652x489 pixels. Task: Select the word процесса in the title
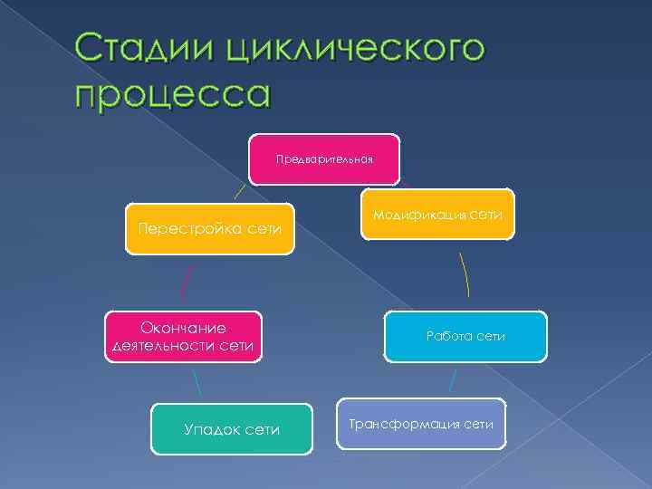coord(174,93)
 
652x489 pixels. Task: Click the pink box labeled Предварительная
coord(325,159)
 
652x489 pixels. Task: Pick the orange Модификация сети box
coord(437,215)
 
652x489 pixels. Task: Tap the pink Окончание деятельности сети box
coord(184,336)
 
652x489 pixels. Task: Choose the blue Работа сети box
coord(465,336)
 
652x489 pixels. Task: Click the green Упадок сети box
coord(231,428)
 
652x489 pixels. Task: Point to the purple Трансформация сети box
coord(420,424)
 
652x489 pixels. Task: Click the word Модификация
coord(419,216)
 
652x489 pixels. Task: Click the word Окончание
coord(183,327)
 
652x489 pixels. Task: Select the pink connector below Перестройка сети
coord(187,283)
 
